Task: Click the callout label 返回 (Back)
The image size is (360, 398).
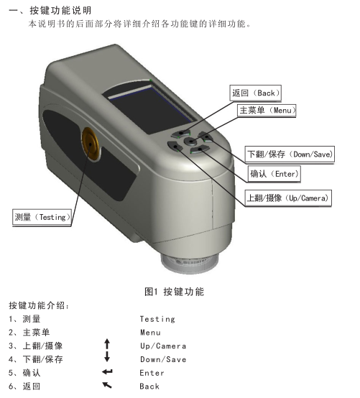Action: coord(255,93)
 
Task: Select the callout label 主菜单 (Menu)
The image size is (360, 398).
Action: coord(267,111)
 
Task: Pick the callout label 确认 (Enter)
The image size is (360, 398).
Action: coord(274,174)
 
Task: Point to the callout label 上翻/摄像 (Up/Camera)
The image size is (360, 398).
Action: coord(287,198)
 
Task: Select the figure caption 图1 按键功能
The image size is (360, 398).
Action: coord(174,292)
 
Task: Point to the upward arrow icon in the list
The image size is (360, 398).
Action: coord(107,346)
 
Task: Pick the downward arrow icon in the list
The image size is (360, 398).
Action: coord(107,358)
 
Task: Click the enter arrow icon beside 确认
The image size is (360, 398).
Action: coord(107,372)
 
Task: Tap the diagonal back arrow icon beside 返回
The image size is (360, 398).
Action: coord(107,386)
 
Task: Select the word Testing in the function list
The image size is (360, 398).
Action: coord(157,319)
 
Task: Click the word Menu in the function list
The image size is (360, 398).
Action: coord(151,333)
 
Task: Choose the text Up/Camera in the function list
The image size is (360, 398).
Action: coord(163,346)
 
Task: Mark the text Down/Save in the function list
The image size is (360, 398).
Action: coord(163,359)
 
